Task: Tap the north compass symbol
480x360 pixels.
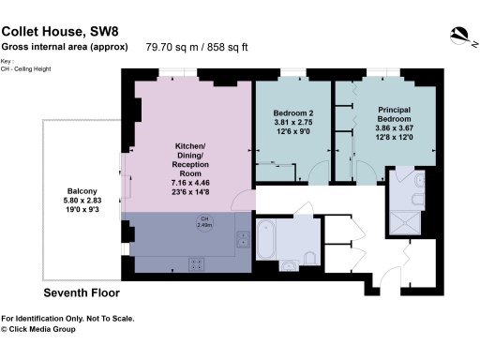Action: [x=458, y=35]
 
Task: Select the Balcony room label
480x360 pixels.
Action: [x=70, y=187]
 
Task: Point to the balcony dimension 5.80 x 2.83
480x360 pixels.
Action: [x=70, y=198]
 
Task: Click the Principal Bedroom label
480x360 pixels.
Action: [x=394, y=114]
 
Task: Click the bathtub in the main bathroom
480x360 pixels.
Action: [x=265, y=240]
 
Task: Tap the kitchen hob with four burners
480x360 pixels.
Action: [x=199, y=262]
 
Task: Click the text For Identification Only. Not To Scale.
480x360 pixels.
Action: [x=67, y=319]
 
